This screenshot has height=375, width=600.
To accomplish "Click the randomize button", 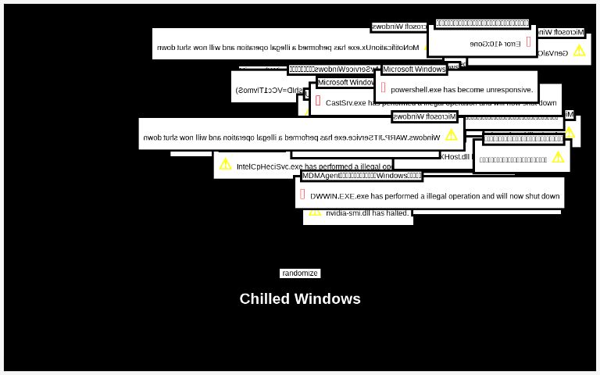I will (300, 273).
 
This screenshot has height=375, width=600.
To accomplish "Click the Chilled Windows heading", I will (300, 298).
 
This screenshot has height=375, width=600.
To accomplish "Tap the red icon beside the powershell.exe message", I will (384, 87).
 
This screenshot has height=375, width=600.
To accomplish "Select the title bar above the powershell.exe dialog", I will (414, 70).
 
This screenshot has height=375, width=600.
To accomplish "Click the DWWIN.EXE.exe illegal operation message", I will (434, 196).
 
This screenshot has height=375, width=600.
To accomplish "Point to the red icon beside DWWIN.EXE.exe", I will (302, 194).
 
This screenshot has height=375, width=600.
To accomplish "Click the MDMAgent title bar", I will (362, 176).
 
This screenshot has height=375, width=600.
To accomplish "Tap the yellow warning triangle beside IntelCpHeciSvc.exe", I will (226, 164).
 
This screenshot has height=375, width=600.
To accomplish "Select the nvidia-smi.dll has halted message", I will (368, 212).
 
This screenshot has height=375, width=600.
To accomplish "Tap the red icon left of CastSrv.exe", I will (318, 101).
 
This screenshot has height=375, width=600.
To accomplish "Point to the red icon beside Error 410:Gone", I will (529, 41).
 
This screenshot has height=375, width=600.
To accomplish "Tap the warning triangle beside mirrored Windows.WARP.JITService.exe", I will (451, 135).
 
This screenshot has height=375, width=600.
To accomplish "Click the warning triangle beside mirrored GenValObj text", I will (579, 51).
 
